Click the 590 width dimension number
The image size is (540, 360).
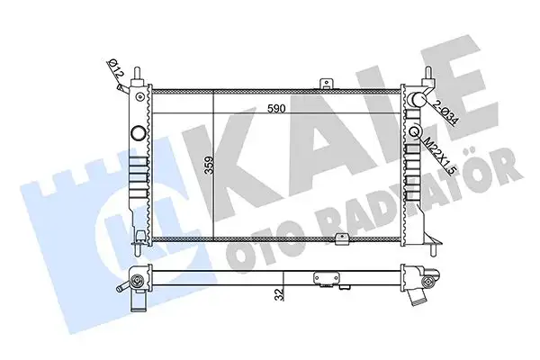click(276, 109)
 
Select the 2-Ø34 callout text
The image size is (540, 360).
click(445, 112)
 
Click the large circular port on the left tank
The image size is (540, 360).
click(139, 132)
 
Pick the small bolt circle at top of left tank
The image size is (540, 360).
click(139, 97)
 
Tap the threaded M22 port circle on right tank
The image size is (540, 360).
click(415, 132)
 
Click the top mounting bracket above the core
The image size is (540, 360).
click(326, 84)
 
